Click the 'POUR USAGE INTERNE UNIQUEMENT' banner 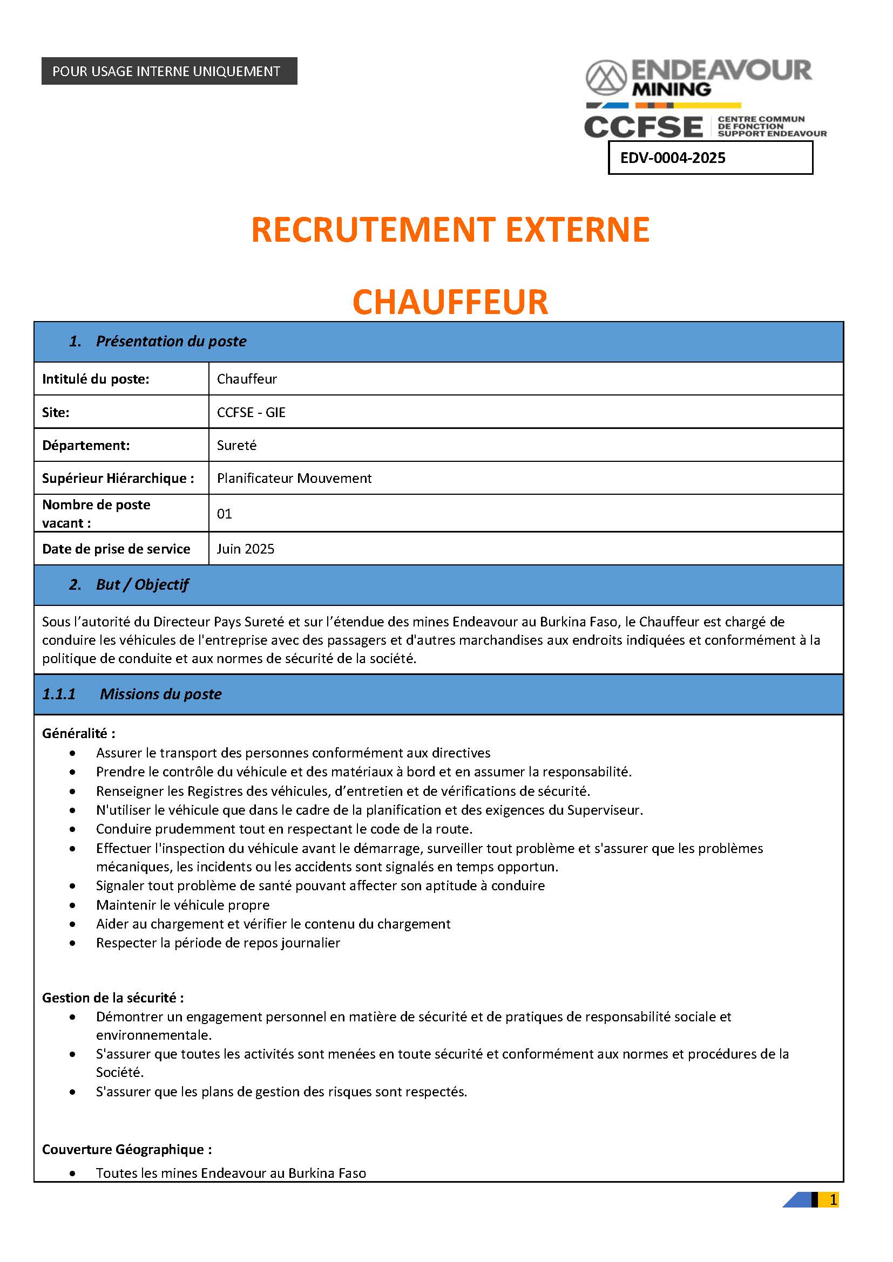pos(169,71)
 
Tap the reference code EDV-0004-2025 pos(673,158)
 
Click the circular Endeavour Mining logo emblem pos(606,78)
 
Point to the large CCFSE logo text pos(644,127)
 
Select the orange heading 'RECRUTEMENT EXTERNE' pos(450,230)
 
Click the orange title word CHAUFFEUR pos(450,302)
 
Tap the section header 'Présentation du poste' pos(171,342)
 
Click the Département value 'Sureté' pos(236,445)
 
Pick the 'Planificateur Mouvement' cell pos(294,478)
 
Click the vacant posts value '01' pos(225,514)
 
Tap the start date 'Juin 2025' pos(245,549)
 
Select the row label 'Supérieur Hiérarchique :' pos(118,478)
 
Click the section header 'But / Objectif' pos(142,584)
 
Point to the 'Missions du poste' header pos(160,694)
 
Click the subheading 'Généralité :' pos(79,733)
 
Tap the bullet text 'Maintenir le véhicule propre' pos(182,905)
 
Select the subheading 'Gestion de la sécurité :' pos(113,998)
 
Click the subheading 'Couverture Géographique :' pos(127,1149)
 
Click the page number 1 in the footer pos(833,1199)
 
